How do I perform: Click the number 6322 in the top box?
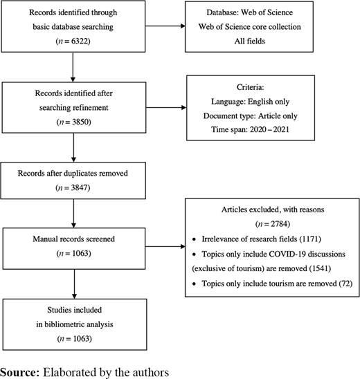(x=80, y=41)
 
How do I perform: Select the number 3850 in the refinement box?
(x=80, y=122)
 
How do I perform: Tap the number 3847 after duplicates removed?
(x=80, y=187)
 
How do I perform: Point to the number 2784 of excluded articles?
(x=279, y=224)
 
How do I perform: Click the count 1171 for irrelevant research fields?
(x=310, y=239)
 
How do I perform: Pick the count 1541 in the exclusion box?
(x=320, y=268)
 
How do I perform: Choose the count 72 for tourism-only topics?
(x=345, y=284)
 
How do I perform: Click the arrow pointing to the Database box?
(x=165, y=26)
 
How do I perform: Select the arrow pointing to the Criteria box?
(x=166, y=107)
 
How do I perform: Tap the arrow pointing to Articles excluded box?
(x=165, y=246)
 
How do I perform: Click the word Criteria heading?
(x=250, y=87)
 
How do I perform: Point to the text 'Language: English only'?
(x=250, y=102)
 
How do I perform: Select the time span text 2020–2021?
(x=269, y=129)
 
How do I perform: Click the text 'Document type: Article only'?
(x=250, y=116)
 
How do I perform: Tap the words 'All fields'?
(x=249, y=41)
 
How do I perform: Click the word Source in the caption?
(x=19, y=372)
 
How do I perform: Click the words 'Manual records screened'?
(x=73, y=239)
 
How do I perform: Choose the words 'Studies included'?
(x=74, y=310)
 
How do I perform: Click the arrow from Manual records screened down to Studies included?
(x=74, y=284)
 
